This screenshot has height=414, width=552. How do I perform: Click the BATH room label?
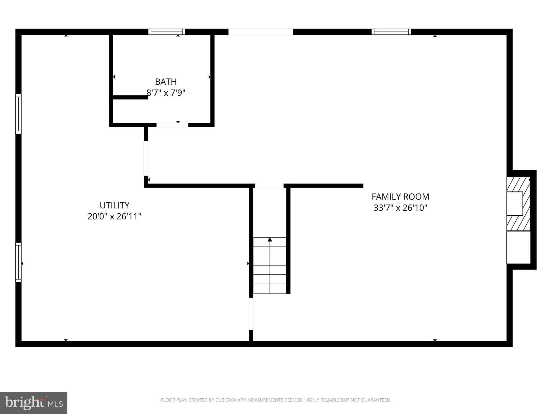166,82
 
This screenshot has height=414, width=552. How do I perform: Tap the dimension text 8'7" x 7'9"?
166,93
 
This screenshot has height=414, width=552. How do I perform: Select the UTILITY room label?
115,205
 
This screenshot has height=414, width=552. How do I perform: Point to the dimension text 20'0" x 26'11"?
115,216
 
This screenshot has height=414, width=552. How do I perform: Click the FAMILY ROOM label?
400,197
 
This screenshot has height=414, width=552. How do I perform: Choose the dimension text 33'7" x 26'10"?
400,208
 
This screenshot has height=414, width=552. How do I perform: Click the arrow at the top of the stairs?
270,240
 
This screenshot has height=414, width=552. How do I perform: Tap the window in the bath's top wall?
167,32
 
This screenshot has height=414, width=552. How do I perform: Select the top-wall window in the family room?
391,32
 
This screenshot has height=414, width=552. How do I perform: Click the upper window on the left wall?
18,114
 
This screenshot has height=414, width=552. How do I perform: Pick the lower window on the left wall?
18,262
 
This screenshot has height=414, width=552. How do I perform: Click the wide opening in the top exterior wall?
261,32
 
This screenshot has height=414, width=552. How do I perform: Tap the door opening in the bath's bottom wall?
172,125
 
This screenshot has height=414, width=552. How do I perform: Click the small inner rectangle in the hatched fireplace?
515,203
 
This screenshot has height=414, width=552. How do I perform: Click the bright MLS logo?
34,403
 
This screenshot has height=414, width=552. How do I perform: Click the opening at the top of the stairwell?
269,186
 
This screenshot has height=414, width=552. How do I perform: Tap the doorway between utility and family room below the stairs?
251,314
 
